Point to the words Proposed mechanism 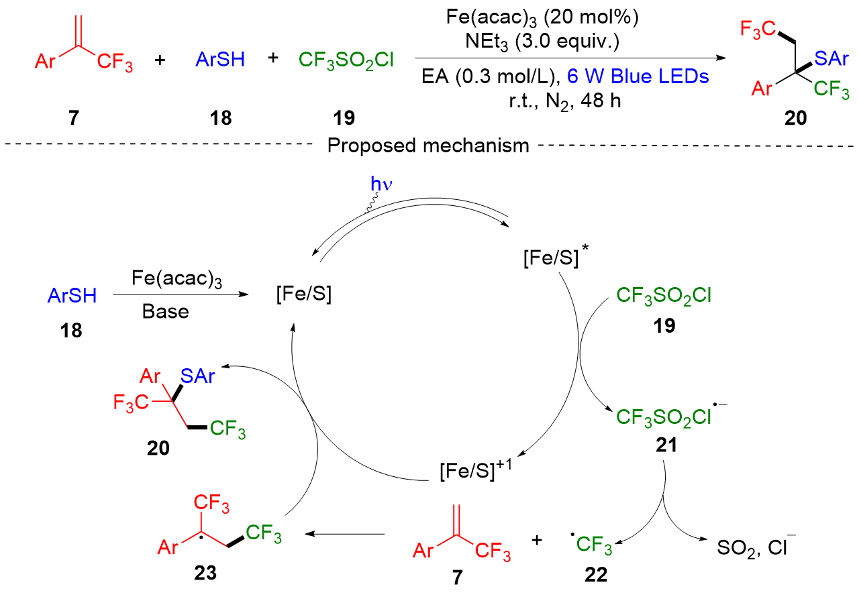[x=428, y=146]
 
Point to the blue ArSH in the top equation [x=220, y=60]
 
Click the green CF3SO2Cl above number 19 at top [x=346, y=61]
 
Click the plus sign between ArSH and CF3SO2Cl [x=273, y=59]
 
